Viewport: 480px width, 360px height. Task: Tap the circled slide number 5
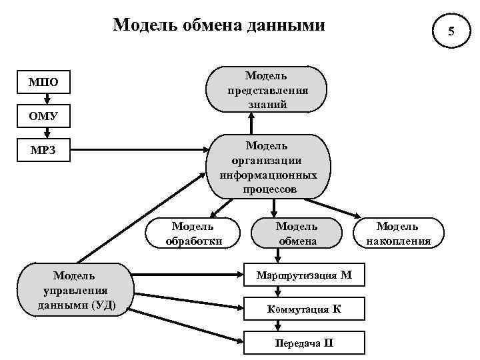coord(451,31)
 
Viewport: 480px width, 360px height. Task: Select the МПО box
coord(43,83)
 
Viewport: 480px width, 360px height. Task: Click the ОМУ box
coord(43,117)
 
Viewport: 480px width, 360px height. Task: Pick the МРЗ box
coord(43,151)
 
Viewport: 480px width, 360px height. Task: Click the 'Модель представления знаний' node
coord(267,89)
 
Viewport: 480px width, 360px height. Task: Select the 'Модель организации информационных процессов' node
coord(267,167)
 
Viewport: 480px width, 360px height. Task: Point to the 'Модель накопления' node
coord(398,233)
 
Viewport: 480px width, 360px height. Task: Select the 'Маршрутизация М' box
coord(305,275)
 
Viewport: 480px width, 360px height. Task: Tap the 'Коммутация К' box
coord(305,309)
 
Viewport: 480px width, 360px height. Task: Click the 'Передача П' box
coord(305,343)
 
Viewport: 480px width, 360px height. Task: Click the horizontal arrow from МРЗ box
coord(140,151)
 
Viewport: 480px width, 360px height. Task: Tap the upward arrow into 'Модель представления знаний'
coord(252,123)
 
